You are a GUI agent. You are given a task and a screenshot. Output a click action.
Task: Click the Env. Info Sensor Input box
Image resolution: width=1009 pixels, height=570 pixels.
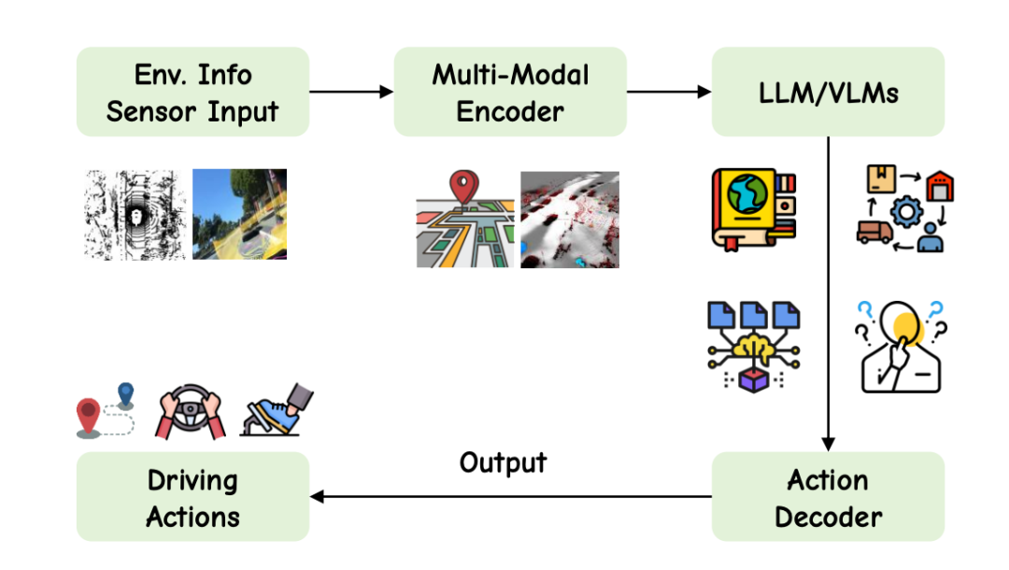(192, 93)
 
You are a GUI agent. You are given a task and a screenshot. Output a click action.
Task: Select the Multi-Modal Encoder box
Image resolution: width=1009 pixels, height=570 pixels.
(510, 93)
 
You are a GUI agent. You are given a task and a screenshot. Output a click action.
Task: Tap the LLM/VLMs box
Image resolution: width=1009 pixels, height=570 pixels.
(828, 93)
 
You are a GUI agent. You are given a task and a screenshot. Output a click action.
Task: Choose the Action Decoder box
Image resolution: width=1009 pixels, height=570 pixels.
(828, 497)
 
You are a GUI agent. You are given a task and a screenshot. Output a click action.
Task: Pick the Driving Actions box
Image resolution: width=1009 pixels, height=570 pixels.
(192, 497)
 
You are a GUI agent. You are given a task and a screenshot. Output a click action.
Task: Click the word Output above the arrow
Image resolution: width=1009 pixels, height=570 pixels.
(503, 462)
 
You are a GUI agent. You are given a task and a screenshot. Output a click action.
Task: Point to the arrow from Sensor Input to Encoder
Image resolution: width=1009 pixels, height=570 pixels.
(351, 92)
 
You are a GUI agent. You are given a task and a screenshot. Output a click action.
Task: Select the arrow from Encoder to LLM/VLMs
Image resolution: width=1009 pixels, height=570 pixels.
(669, 92)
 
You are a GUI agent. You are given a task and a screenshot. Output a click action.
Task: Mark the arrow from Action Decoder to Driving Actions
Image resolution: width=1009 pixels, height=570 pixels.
(510, 497)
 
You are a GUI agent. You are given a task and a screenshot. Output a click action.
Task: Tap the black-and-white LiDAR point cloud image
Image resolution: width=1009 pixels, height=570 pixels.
(135, 214)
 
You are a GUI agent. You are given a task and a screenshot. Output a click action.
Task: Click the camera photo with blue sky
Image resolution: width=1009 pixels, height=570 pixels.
(239, 214)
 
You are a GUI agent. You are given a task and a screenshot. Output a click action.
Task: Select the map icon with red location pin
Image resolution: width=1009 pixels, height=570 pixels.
(464, 221)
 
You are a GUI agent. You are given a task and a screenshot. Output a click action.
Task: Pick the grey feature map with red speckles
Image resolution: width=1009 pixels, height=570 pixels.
(569, 220)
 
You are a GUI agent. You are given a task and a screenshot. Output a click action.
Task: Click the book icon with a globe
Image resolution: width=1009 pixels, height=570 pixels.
(752, 208)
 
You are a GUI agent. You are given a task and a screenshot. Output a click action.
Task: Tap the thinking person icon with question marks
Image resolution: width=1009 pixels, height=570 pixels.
(899, 347)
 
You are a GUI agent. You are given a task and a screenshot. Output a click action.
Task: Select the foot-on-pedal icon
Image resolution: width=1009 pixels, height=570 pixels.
(273, 411)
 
